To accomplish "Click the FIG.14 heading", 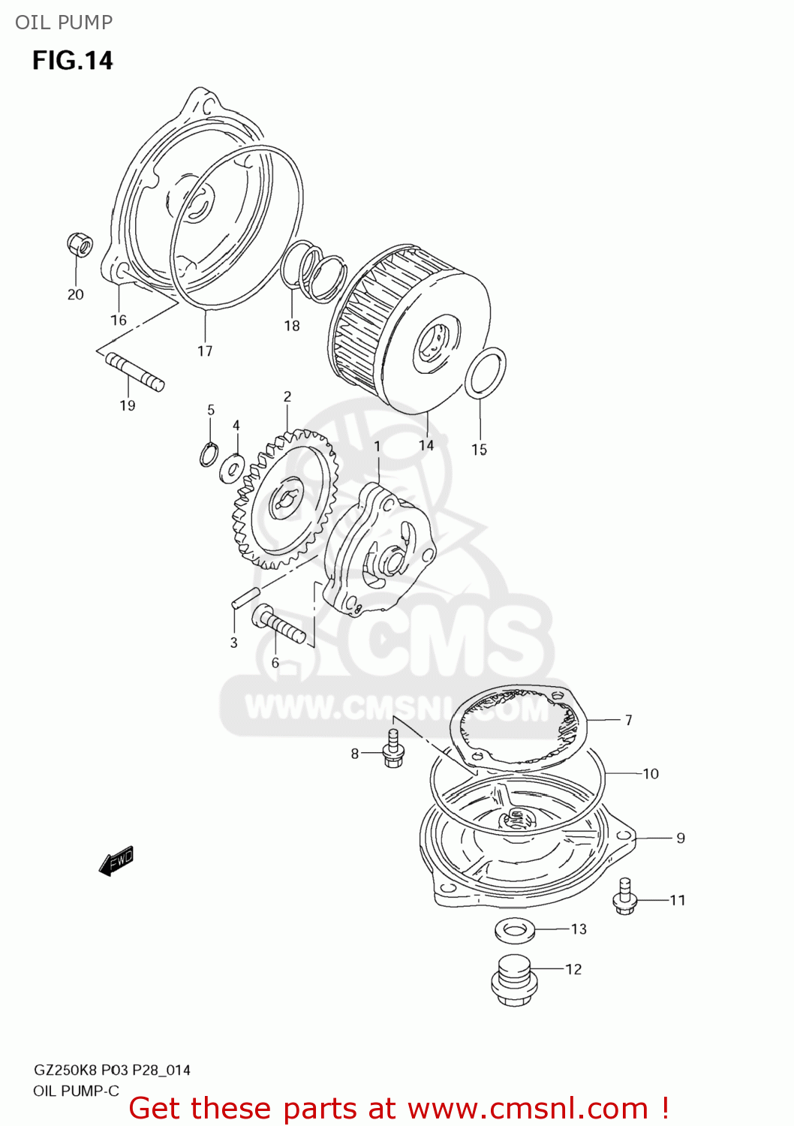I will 72,60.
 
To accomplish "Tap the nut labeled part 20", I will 79,244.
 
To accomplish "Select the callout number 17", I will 205,351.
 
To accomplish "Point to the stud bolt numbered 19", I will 135,371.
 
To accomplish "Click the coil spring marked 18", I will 315,272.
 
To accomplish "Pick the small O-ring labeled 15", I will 486,373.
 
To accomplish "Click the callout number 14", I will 426,445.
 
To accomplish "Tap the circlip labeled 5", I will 209,454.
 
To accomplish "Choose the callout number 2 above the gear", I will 287,396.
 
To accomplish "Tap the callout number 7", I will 629,720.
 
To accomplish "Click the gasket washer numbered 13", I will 514,931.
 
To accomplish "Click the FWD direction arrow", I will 116,861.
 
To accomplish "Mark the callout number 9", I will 681,838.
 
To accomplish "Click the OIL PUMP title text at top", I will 64,23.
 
